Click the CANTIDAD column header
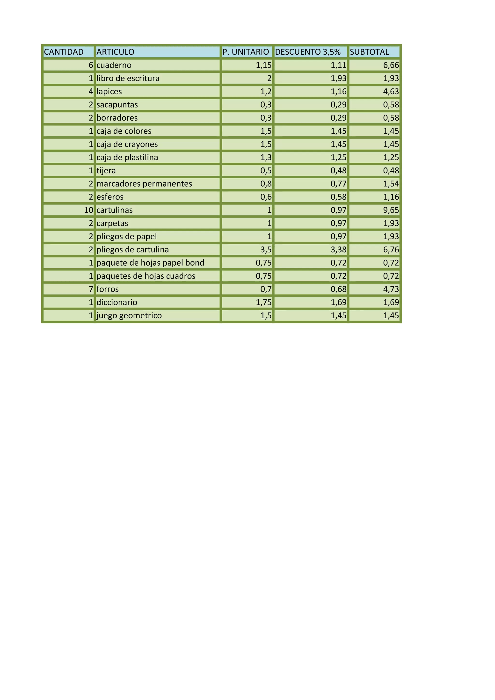[64, 52]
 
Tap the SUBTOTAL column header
[369, 52]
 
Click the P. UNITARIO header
[246, 52]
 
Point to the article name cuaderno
[114, 65]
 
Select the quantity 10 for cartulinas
[89, 210]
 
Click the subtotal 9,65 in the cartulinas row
[391, 210]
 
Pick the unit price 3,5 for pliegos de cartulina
[266, 250]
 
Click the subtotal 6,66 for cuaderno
[391, 65]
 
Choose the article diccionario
[117, 302]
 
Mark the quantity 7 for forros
[91, 289]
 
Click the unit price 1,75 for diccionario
[263, 302]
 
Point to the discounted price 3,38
[338, 250]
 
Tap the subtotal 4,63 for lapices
[391, 91]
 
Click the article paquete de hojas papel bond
[150, 263]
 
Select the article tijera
[106, 171]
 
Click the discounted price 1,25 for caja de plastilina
[338, 157]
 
